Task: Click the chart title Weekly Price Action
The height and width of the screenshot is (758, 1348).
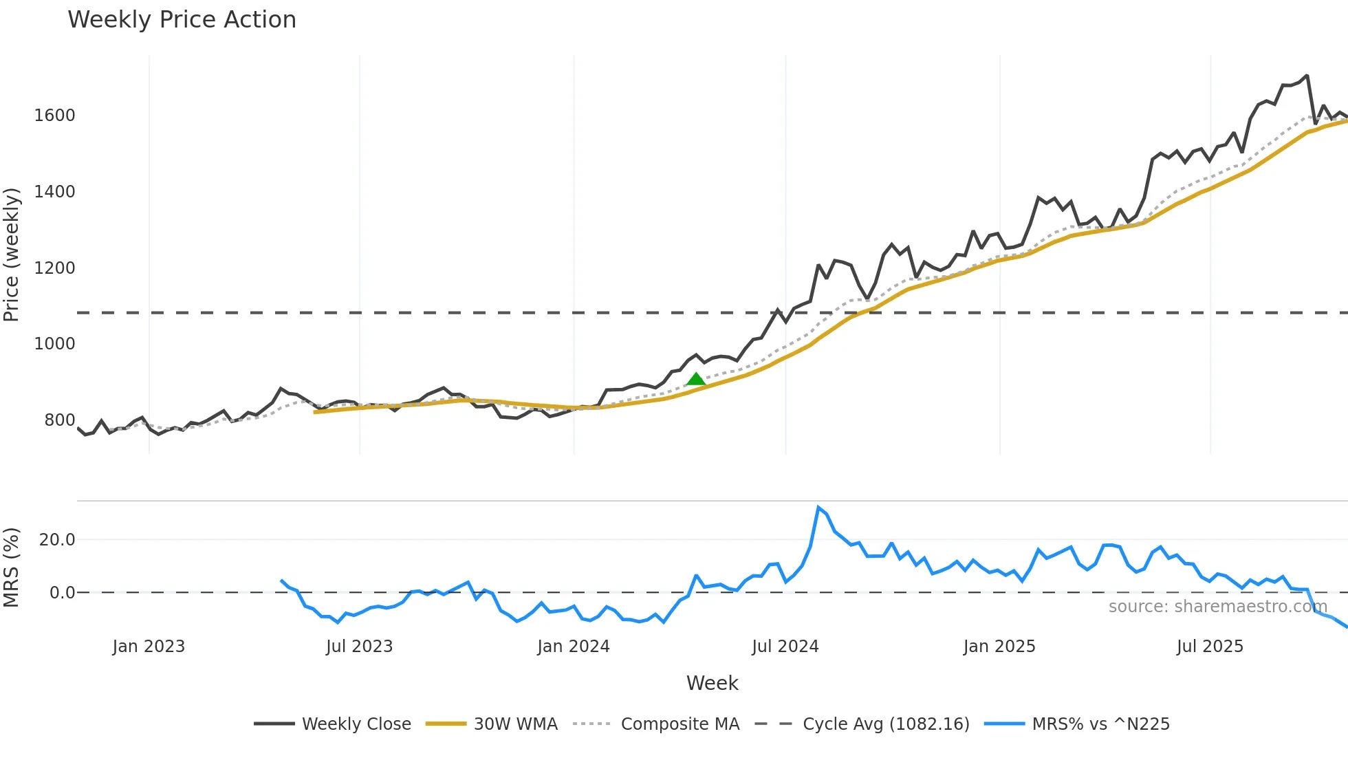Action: [x=182, y=20]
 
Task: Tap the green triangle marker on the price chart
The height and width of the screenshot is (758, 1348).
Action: [x=696, y=379]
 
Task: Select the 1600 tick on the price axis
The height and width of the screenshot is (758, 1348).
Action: [x=54, y=116]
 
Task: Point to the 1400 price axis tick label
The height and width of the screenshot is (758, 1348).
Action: [x=54, y=192]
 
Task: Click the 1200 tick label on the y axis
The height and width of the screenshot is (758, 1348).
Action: [x=54, y=268]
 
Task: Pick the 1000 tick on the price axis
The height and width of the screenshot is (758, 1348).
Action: [x=54, y=344]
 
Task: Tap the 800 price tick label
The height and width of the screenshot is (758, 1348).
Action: [x=59, y=420]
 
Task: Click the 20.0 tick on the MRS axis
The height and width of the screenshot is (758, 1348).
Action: [x=57, y=540]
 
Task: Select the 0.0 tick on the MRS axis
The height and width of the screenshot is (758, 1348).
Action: [x=62, y=593]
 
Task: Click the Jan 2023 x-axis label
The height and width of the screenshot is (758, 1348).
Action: [x=149, y=647]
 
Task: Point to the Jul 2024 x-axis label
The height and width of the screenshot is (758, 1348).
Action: [x=785, y=647]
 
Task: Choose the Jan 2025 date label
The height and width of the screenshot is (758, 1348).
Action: [x=999, y=647]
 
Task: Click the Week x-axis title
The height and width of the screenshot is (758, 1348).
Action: [x=712, y=683]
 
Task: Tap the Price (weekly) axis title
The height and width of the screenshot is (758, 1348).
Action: [x=11, y=255]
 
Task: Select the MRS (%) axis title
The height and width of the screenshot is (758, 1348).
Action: [x=11, y=567]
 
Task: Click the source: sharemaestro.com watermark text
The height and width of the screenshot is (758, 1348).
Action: [x=1217, y=607]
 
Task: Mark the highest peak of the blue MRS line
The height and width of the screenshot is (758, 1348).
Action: [x=818, y=508]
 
